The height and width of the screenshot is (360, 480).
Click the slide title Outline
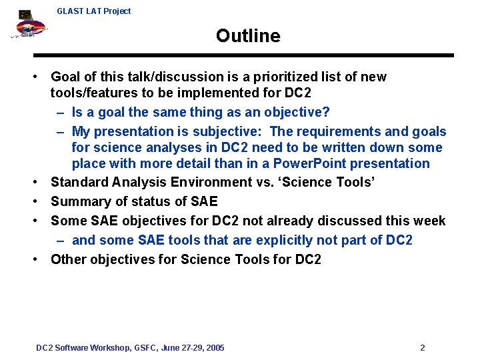248,36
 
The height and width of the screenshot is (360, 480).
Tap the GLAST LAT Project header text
94,11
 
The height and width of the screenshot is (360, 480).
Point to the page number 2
423,348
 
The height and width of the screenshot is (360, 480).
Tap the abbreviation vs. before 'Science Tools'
259,183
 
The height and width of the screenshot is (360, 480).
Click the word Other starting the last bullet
69,259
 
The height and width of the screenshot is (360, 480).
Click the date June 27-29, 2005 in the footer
193,348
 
